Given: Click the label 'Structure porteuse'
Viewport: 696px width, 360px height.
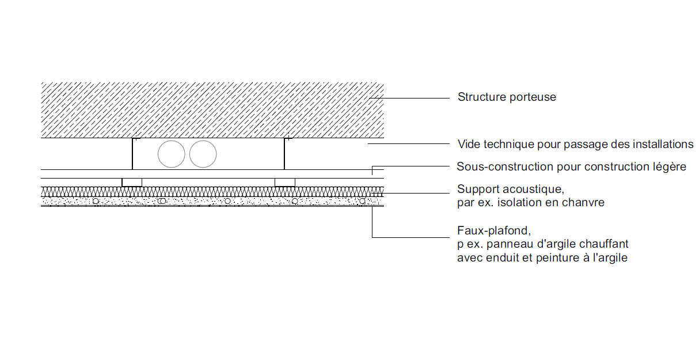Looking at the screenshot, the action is click(x=507, y=97).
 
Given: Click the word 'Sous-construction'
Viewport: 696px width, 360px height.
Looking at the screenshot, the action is click(x=505, y=166).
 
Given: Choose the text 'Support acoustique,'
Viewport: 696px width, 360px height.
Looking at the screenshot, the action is click(x=511, y=190).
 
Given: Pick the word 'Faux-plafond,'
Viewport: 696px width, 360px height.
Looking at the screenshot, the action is click(x=494, y=230).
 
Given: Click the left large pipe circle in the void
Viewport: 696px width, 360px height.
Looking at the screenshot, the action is click(x=171, y=154).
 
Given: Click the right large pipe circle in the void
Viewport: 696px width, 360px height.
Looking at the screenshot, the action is click(x=203, y=154).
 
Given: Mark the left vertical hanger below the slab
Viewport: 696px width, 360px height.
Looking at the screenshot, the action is click(x=132, y=154).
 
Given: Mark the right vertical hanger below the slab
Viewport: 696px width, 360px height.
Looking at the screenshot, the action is click(x=284, y=154).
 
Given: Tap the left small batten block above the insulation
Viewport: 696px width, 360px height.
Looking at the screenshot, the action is click(x=132, y=183).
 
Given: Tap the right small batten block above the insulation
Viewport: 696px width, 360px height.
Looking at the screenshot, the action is click(x=285, y=183).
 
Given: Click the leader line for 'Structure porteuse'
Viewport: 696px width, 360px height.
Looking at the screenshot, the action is click(x=409, y=98).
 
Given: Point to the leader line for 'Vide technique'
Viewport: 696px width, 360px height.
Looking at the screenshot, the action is click(x=409, y=143).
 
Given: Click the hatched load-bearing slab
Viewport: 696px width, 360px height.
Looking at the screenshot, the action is click(x=212, y=110).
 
